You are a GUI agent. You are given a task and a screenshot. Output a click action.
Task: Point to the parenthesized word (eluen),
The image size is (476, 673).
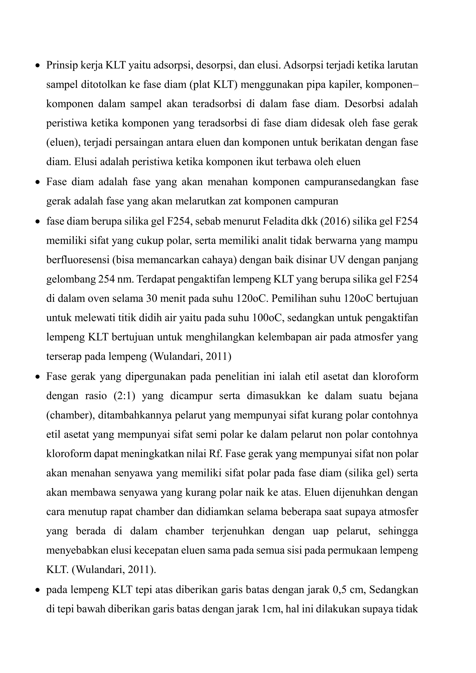click(64, 142)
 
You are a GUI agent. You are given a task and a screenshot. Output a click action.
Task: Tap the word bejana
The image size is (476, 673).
click(404, 396)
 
